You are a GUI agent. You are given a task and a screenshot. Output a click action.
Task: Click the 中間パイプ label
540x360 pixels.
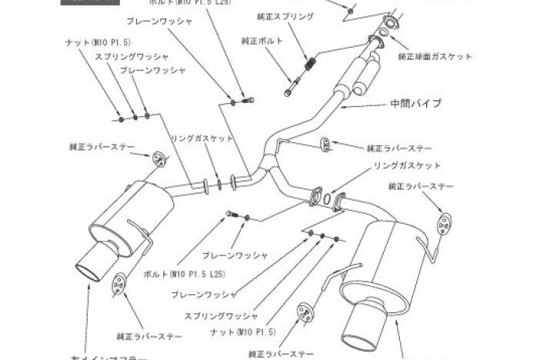tap(415, 103)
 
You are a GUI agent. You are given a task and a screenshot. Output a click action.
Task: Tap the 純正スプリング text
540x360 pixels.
tap(285, 16)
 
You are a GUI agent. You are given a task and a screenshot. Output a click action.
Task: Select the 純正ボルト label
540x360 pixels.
tap(262, 41)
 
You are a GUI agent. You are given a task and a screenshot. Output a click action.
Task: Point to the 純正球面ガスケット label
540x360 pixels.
tap(435, 56)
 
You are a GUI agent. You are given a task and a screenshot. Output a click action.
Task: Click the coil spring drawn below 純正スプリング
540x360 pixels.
tap(310, 66)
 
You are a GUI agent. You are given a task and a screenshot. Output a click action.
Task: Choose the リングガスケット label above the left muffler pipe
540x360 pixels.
tap(202, 138)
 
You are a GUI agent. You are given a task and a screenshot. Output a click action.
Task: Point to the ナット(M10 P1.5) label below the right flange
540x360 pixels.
tap(242, 332)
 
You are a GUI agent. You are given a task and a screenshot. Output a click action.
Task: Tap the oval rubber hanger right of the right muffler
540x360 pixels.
tap(444, 224)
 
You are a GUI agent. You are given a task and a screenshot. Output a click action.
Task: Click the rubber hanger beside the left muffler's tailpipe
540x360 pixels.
tap(119, 284)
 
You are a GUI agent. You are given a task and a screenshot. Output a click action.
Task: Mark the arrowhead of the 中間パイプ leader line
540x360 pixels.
tap(340, 108)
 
